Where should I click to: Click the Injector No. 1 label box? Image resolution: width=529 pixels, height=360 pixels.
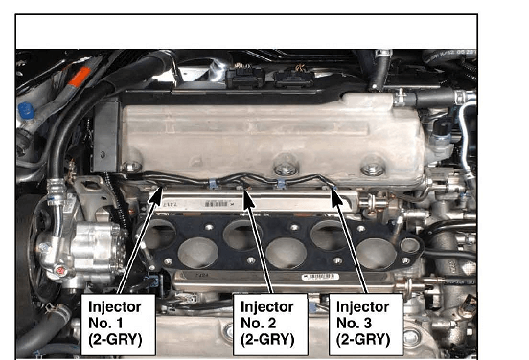click(118, 325)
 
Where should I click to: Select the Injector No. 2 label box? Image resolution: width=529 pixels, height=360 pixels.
click(270, 325)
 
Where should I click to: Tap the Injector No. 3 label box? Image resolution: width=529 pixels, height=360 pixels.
click(366, 325)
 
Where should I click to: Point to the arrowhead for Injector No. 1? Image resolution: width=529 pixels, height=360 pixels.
click(156, 196)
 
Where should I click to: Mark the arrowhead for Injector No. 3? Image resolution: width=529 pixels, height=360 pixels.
click(336, 198)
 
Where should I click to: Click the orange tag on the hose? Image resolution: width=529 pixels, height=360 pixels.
click(80, 77)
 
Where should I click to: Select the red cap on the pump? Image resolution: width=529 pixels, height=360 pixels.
click(60, 270)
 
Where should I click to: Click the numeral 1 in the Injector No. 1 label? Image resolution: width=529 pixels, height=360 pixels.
click(119, 324)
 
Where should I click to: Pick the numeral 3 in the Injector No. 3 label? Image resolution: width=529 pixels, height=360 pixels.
click(367, 324)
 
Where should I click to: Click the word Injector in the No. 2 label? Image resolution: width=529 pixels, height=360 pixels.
click(266, 307)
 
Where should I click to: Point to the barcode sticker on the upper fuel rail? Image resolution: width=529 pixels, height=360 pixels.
click(217, 204)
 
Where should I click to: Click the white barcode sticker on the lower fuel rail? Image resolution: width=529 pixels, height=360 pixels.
click(320, 277)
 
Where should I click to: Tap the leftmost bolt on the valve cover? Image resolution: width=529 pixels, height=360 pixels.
click(131, 167)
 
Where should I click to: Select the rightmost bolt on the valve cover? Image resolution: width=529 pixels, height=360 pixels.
click(373, 168)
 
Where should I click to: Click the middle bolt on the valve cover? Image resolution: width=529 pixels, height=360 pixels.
click(286, 167)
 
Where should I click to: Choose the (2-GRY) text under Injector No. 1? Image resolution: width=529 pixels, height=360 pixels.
click(115, 340)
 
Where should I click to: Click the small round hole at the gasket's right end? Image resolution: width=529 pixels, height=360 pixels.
click(410, 245)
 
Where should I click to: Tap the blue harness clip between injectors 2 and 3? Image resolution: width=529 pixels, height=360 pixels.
click(281, 184)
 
